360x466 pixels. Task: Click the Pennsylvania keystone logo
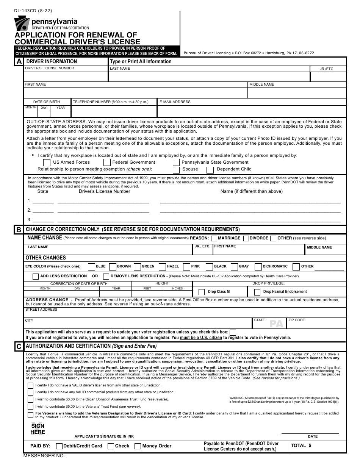pos(22,25)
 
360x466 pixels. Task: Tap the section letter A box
pos(19,61)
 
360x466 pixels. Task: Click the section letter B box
pos(19,230)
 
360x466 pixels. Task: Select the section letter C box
pos(19,346)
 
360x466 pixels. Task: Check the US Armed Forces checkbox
pos(47,163)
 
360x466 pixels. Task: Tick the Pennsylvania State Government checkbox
pos(176,163)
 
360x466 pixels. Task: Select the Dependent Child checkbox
pos(210,170)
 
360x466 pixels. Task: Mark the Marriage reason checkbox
pos(214,238)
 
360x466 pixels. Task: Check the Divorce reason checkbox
pos(246,238)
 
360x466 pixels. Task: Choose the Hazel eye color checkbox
pos(162,267)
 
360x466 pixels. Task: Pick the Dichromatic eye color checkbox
pos(258,267)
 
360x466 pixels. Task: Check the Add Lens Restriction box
pos(35,277)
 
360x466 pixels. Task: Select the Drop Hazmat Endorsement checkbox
pos(257,292)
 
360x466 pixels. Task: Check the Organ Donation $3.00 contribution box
pos(30,399)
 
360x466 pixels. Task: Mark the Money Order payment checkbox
pos(138,446)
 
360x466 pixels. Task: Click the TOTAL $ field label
pos(301,446)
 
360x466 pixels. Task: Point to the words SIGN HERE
pos(38,429)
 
